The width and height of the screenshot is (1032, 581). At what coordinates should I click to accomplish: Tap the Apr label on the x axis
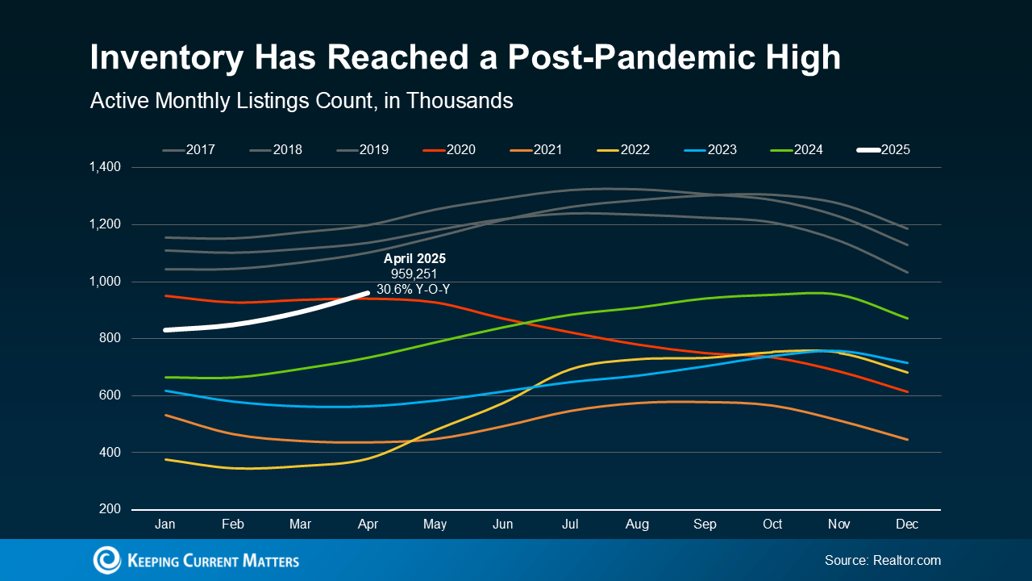click(368, 525)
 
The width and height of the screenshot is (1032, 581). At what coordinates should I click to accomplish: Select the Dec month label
click(908, 525)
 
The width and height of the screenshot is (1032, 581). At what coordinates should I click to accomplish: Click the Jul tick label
click(570, 525)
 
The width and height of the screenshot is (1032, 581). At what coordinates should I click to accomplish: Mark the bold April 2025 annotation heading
click(415, 259)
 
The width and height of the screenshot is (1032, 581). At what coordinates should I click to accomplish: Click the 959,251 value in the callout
click(414, 274)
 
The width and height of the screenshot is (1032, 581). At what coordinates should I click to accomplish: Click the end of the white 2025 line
click(368, 294)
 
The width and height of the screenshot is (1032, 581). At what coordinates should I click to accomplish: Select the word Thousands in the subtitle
click(460, 101)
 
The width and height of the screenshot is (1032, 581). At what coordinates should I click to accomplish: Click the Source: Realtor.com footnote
click(882, 560)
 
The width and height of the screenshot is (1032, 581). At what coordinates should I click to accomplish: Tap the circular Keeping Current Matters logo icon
click(106, 560)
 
